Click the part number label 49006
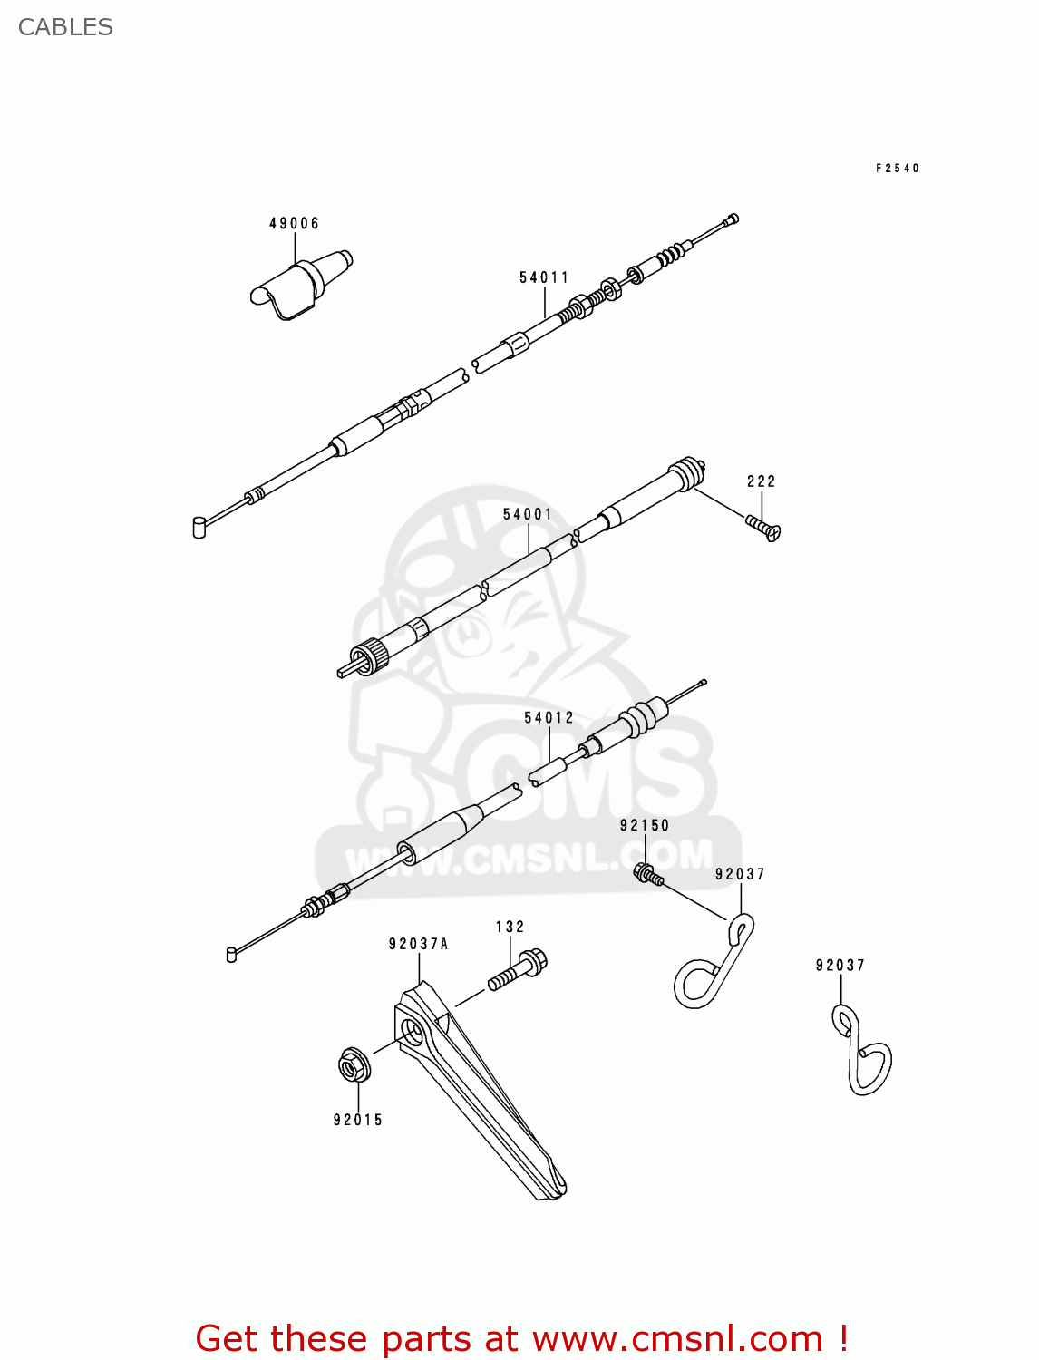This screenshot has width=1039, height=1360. [x=294, y=224]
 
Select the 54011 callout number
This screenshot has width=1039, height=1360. [x=544, y=277]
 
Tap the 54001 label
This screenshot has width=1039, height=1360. [x=528, y=514]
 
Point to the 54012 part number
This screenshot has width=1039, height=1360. [x=549, y=717]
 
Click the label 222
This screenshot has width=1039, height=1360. [x=761, y=481]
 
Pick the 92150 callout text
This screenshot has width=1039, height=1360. [x=645, y=825]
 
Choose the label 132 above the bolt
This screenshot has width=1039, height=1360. [x=510, y=927]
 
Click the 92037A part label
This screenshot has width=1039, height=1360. [x=418, y=944]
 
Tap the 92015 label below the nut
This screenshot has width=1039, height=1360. [x=358, y=1120]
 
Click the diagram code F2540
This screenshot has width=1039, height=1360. [x=898, y=169]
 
